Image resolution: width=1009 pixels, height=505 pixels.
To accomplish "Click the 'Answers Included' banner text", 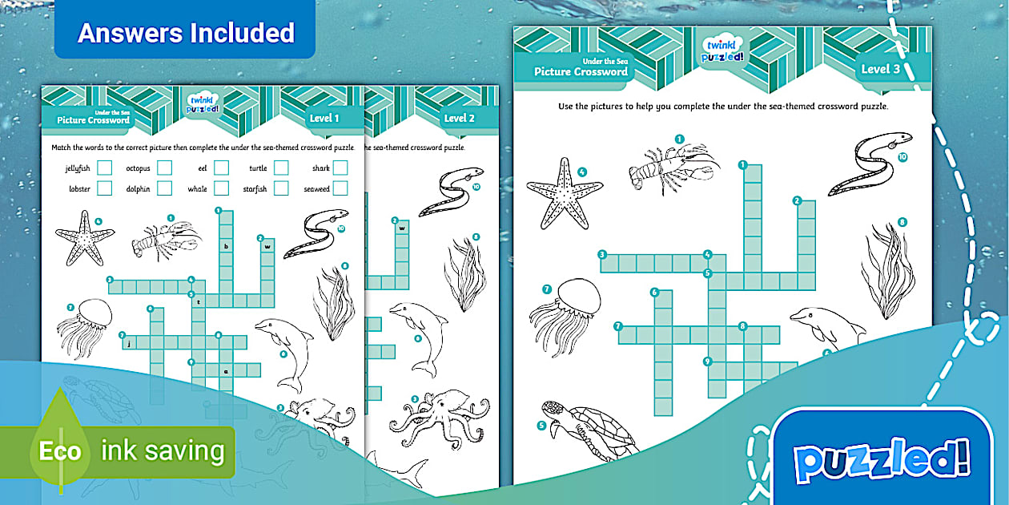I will pyautogui.click(x=186, y=33).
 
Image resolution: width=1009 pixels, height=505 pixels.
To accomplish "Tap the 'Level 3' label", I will pyautogui.click(x=880, y=69).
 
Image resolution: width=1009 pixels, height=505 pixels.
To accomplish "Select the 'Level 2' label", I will pyautogui.click(x=460, y=118).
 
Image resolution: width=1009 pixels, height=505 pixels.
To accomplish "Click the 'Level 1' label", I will pyautogui.click(x=324, y=118).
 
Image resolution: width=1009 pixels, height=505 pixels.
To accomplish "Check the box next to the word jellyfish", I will pyautogui.click(x=104, y=168).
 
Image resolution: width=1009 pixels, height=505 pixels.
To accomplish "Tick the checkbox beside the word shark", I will pyautogui.click(x=340, y=168).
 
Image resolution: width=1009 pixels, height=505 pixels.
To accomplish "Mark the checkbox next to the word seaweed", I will pyautogui.click(x=340, y=188).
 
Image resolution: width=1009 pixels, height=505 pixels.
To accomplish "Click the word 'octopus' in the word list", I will pyautogui.click(x=138, y=168).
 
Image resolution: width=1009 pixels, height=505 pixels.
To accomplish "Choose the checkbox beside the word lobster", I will pyautogui.click(x=104, y=188).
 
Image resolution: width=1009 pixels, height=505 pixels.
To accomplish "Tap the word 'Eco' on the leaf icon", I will pyautogui.click(x=60, y=451).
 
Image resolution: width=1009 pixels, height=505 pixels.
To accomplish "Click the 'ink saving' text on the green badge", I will pyautogui.click(x=163, y=451).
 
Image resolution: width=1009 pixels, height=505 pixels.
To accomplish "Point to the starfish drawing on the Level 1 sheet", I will pyautogui.click(x=83, y=236).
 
